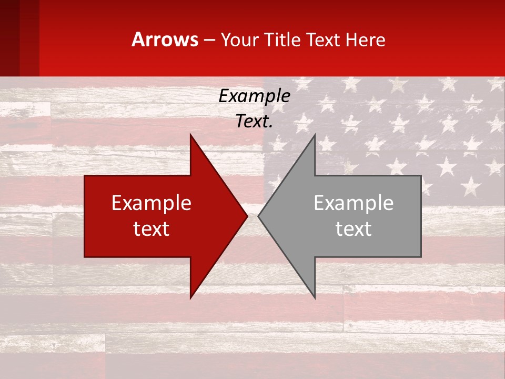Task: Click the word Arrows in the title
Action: click(x=165, y=39)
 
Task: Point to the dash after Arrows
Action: click(x=209, y=40)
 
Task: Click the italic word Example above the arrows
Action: click(x=254, y=96)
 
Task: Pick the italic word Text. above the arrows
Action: click(x=254, y=122)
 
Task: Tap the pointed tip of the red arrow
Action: click(x=246, y=216)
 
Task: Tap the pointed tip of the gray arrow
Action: click(x=259, y=216)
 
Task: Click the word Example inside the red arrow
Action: click(x=151, y=203)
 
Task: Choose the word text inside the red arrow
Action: click(x=151, y=229)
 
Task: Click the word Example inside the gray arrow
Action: click(x=353, y=203)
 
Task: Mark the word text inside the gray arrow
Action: click(x=353, y=229)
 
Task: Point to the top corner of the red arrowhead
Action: click(x=191, y=135)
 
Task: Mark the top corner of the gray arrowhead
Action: click(x=315, y=135)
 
